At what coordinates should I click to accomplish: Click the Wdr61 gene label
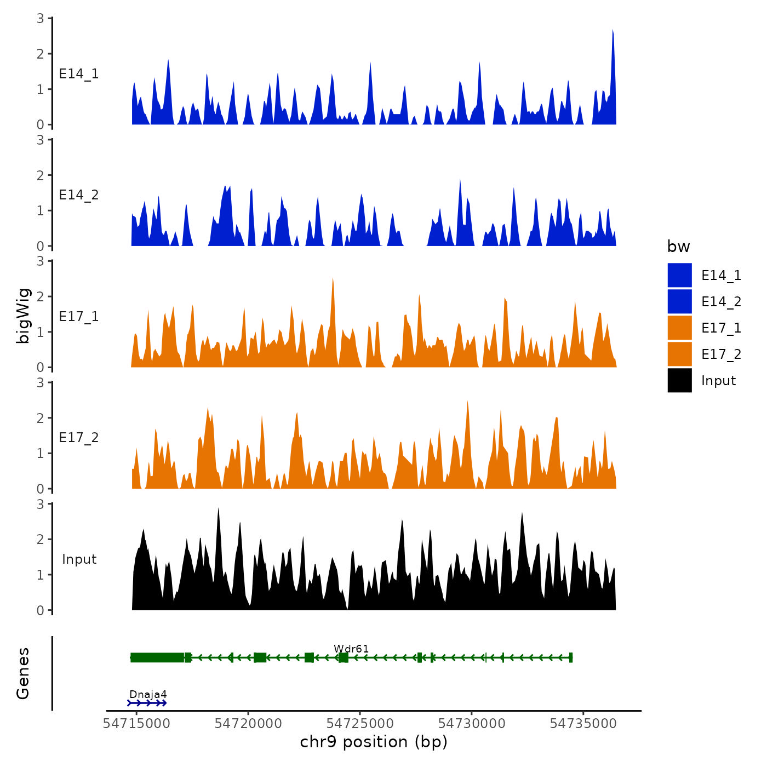351,649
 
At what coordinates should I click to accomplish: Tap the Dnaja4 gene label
148,695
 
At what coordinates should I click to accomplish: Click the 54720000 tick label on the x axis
248,724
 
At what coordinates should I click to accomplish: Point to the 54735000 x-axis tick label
583,724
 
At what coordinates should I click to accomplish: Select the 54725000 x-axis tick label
360,724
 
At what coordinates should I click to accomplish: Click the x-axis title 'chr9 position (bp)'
374,742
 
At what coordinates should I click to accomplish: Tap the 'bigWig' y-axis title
23,316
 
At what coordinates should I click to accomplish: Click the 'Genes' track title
23,673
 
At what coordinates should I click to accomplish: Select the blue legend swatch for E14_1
679,275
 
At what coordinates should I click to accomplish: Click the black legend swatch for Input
679,380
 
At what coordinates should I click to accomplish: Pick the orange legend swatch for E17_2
679,354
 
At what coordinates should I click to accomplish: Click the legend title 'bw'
678,247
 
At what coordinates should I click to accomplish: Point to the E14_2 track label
79,195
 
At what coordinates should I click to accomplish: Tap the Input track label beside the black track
79,559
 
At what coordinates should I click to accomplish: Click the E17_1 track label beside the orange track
79,317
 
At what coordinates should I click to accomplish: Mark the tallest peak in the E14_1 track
613,31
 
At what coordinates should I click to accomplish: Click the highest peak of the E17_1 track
333,279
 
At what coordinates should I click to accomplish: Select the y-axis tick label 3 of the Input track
40,504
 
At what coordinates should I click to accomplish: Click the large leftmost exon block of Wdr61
157,657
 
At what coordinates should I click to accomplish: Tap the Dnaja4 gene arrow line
147,703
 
